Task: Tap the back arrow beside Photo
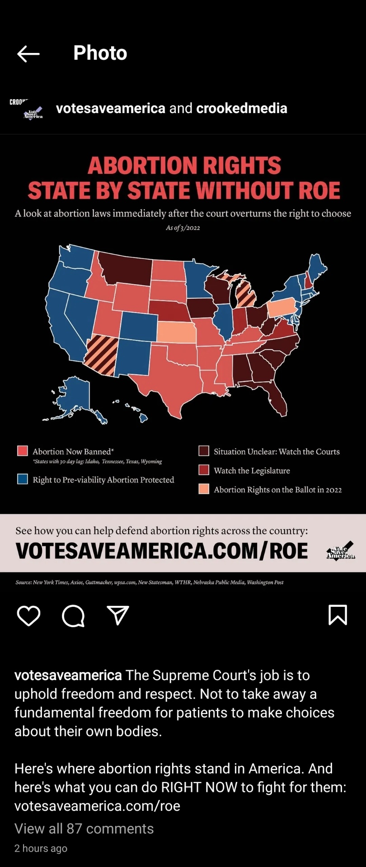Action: [x=28, y=53]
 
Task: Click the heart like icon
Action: [x=28, y=615]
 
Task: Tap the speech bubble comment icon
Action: [x=73, y=615]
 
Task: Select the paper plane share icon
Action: [x=118, y=615]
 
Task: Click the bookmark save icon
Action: [x=338, y=615]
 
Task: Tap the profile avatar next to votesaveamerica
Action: [x=26, y=109]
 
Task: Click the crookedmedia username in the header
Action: [x=242, y=108]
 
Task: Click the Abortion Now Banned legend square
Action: [x=23, y=451]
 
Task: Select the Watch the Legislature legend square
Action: [x=204, y=470]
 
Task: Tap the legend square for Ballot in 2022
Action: [x=204, y=489]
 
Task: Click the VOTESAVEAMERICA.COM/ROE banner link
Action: [x=162, y=551]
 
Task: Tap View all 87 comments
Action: [x=84, y=829]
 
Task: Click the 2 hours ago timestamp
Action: [x=41, y=848]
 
